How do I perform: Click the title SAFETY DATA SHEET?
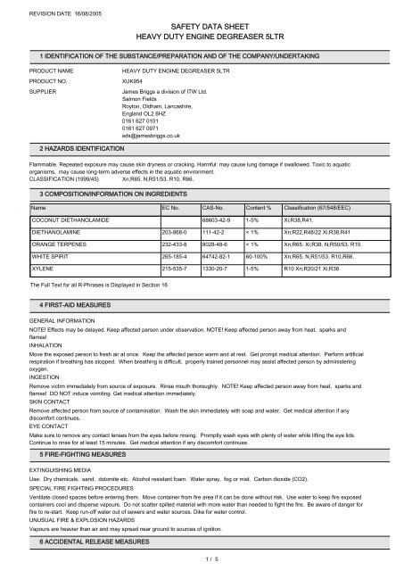201,29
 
